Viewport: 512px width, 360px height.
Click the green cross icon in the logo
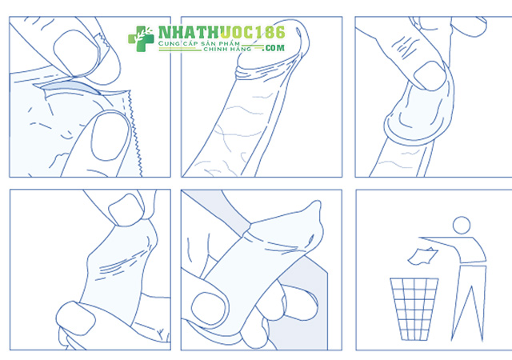[x=141, y=39]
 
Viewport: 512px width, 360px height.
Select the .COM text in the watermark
[x=274, y=48]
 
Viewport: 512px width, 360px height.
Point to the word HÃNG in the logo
[x=240, y=49]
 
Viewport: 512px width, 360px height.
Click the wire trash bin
[x=414, y=309]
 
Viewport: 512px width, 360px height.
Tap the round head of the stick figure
[x=462, y=225]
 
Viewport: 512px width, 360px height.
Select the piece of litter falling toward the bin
[x=422, y=256]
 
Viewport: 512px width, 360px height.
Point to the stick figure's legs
[x=469, y=303]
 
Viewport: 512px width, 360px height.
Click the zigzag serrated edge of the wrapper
[x=135, y=133]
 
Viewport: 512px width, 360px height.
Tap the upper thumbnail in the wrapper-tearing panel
[x=76, y=53]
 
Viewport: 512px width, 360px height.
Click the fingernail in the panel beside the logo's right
[x=430, y=76]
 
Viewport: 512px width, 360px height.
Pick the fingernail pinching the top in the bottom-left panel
[x=126, y=210]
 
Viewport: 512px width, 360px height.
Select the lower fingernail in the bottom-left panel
[x=76, y=318]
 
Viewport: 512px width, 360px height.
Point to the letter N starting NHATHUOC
[x=164, y=33]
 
